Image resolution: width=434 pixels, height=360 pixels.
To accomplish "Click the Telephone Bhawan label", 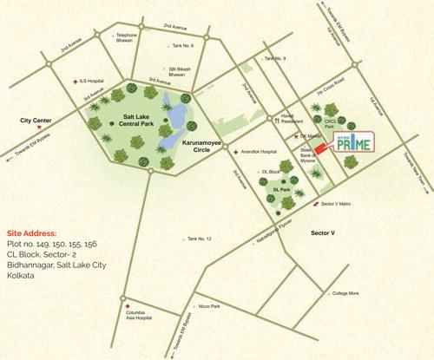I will tap(130, 38).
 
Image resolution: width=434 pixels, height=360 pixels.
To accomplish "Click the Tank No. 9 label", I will tap(275, 59).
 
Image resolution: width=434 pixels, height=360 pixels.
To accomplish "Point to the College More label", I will tap(349, 294).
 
